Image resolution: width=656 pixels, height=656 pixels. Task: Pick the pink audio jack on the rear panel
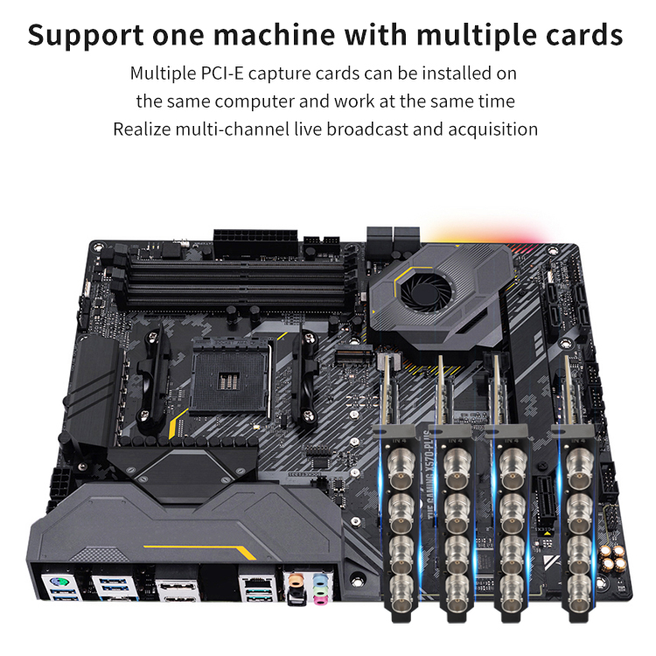[321, 596]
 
